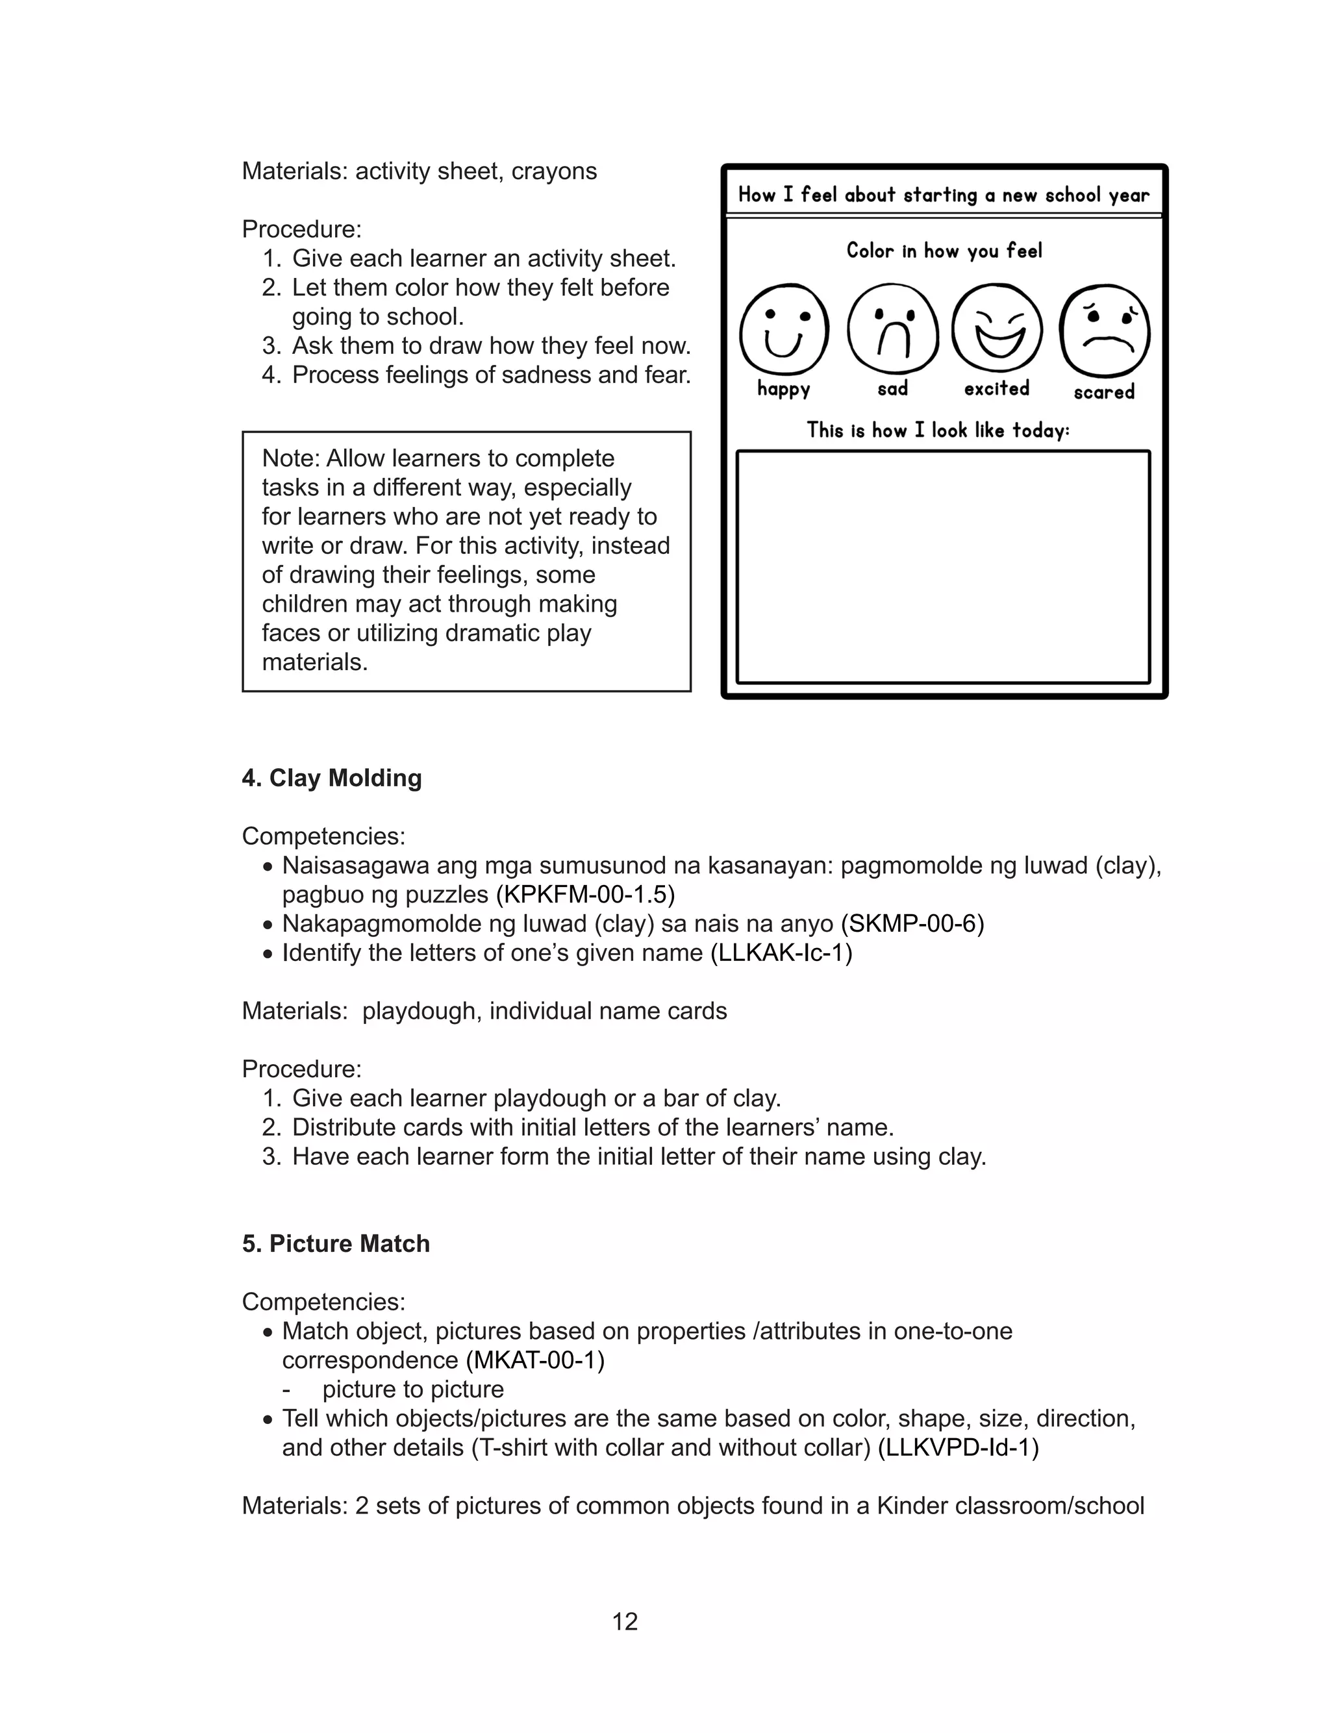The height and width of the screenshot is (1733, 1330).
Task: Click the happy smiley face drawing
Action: [784, 330]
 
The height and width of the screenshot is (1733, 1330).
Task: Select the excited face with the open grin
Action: [997, 329]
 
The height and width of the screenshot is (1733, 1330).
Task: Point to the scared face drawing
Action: [1105, 330]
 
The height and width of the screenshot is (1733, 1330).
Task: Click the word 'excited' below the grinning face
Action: [997, 388]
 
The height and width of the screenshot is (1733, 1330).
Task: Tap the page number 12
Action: [625, 1621]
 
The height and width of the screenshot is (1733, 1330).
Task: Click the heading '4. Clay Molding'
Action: [332, 778]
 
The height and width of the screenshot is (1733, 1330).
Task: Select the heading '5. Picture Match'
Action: [336, 1243]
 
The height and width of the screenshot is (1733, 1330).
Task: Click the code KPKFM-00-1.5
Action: [585, 894]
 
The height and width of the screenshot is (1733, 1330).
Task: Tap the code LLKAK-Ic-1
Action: [781, 953]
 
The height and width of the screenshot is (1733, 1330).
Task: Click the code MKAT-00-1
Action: [534, 1360]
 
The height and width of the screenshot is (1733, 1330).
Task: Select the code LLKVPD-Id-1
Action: [958, 1447]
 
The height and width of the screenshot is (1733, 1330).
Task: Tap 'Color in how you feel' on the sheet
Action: [944, 251]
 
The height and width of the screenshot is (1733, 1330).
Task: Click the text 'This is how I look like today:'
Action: [938, 430]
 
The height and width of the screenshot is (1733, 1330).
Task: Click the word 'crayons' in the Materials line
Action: [554, 171]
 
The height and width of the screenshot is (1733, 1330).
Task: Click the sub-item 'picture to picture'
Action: [412, 1389]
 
